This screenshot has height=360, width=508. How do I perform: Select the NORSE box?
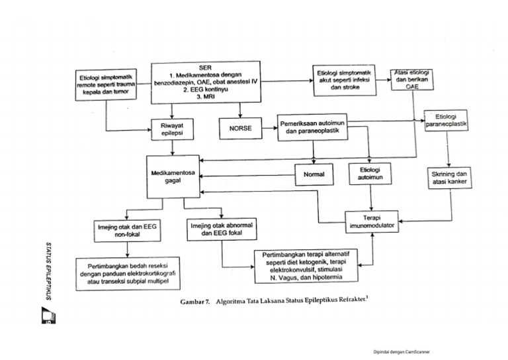[x=240, y=128]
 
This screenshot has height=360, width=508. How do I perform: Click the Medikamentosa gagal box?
[x=174, y=176]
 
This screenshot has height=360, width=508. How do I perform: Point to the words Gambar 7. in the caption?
[x=194, y=302]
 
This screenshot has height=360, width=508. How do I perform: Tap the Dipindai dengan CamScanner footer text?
[x=402, y=352]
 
